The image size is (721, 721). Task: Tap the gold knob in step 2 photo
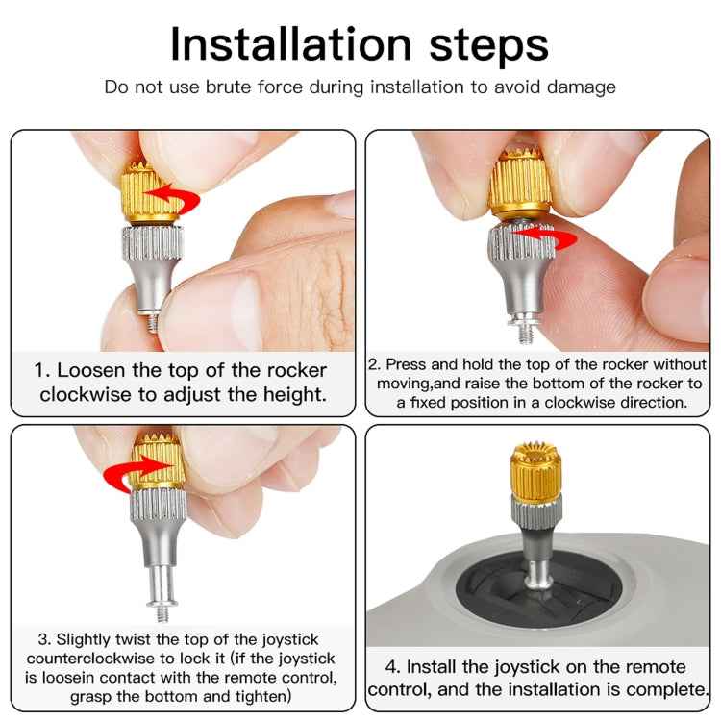518,183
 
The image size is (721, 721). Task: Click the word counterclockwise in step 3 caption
106,659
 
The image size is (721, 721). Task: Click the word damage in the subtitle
583,87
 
